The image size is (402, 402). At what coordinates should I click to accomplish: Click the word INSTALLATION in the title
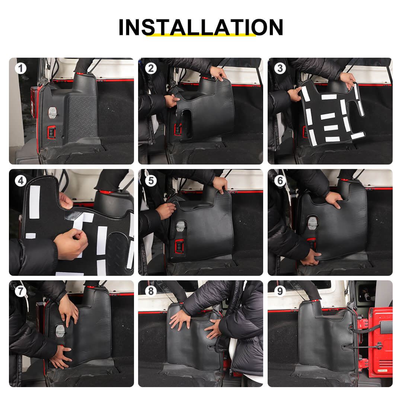[x=201, y=27]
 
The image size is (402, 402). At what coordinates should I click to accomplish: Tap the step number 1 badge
[x=21, y=68]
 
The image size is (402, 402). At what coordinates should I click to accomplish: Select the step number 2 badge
[x=151, y=68]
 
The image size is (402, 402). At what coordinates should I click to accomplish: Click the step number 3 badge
[x=280, y=68]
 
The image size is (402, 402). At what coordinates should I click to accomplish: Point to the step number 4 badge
[x=21, y=181]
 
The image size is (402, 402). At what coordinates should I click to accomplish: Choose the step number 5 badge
[x=151, y=181]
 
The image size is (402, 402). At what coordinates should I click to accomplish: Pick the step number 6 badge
[x=280, y=181]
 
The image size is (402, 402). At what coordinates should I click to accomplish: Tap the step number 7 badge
[x=21, y=291]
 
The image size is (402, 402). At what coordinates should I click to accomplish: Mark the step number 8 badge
[x=151, y=291]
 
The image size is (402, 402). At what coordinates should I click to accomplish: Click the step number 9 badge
[x=280, y=291]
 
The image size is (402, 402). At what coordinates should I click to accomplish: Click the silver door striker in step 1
[x=52, y=113]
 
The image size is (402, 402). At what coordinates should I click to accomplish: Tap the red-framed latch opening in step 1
[x=51, y=132]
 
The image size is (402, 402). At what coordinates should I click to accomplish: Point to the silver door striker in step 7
[x=61, y=331]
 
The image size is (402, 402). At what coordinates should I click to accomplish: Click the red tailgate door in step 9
[x=381, y=342]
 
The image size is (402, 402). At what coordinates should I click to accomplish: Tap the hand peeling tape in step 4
[x=70, y=243]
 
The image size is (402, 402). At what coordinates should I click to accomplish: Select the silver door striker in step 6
[x=313, y=223]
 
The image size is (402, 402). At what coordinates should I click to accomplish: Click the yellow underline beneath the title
[x=201, y=35]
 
